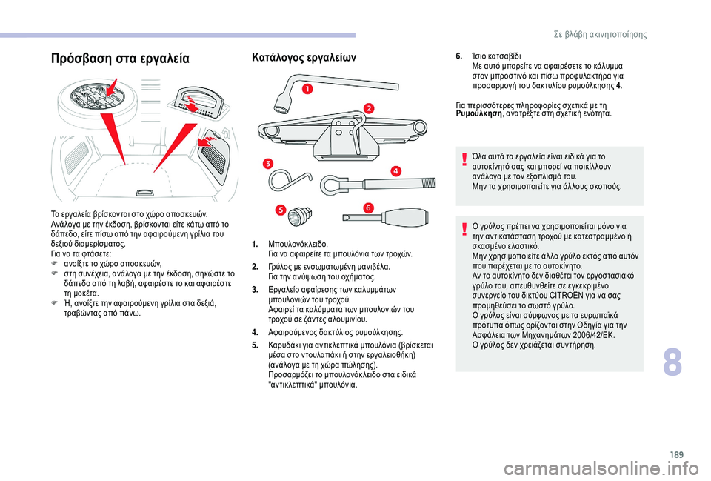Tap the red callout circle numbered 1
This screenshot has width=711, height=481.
point(305,90)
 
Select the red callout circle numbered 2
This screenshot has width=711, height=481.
point(368,108)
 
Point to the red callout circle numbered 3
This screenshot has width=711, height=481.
point(267,163)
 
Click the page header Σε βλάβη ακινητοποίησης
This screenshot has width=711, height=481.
point(600,34)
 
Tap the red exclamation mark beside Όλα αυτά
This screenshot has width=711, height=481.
point(464,159)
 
